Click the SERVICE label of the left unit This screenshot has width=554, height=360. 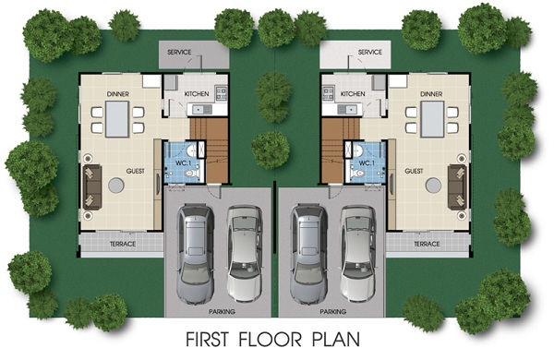click(x=179, y=53)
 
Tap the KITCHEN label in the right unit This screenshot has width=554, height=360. click(x=353, y=94)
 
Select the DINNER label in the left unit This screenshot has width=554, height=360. click(x=118, y=94)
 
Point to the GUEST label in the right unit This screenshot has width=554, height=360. click(x=414, y=171)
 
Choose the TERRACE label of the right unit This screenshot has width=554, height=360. click(x=427, y=244)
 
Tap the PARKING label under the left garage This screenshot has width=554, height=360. click(x=222, y=312)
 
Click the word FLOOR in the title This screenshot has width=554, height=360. click(x=271, y=339)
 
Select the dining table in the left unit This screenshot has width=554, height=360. click(x=117, y=119)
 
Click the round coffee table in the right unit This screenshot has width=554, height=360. click(x=433, y=186)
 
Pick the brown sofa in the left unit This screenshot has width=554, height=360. click(x=92, y=186)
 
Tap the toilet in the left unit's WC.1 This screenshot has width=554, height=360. click(x=192, y=174)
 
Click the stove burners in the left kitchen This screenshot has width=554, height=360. click(x=222, y=93)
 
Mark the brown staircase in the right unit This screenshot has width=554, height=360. click(x=333, y=150)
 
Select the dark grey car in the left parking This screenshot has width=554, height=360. click(x=196, y=254)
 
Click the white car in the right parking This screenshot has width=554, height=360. click(x=358, y=254)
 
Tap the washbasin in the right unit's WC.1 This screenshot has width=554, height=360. click(x=358, y=150)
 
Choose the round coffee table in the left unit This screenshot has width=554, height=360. click(x=116, y=186)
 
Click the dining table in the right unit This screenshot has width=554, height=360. click(x=432, y=119)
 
